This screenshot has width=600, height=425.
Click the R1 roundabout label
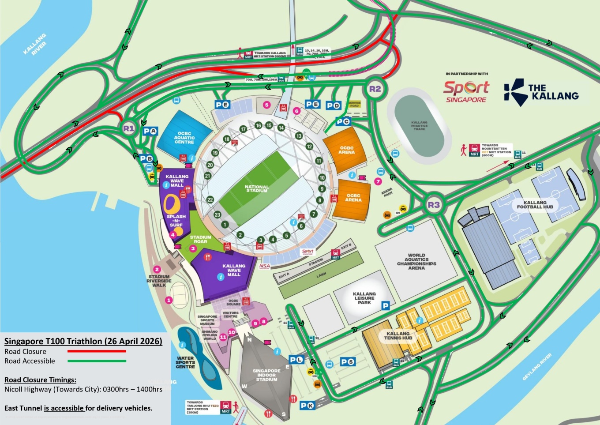point(128,129)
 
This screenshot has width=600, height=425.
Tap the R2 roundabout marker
point(375,89)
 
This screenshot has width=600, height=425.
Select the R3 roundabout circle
point(434,205)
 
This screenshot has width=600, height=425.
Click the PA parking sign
point(150,131)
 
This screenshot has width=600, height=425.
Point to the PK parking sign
point(307,406)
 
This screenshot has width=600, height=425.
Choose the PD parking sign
point(334,105)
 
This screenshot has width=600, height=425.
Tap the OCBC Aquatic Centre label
point(184,138)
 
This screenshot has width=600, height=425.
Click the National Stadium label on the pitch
point(257,188)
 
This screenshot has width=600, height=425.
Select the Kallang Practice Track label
point(419,126)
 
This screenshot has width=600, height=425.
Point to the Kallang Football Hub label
point(535,205)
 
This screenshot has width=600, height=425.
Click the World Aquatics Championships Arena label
point(416,261)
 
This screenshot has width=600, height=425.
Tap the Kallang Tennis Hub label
point(398,336)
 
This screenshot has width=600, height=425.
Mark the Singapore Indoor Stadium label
point(266,375)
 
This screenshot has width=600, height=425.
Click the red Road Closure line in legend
point(97,351)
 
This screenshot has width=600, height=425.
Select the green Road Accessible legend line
point(97,361)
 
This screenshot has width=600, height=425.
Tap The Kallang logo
point(541,92)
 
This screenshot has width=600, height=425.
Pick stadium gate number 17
point(243,129)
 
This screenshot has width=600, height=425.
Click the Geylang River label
point(537,367)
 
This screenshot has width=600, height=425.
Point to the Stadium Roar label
point(200,239)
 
